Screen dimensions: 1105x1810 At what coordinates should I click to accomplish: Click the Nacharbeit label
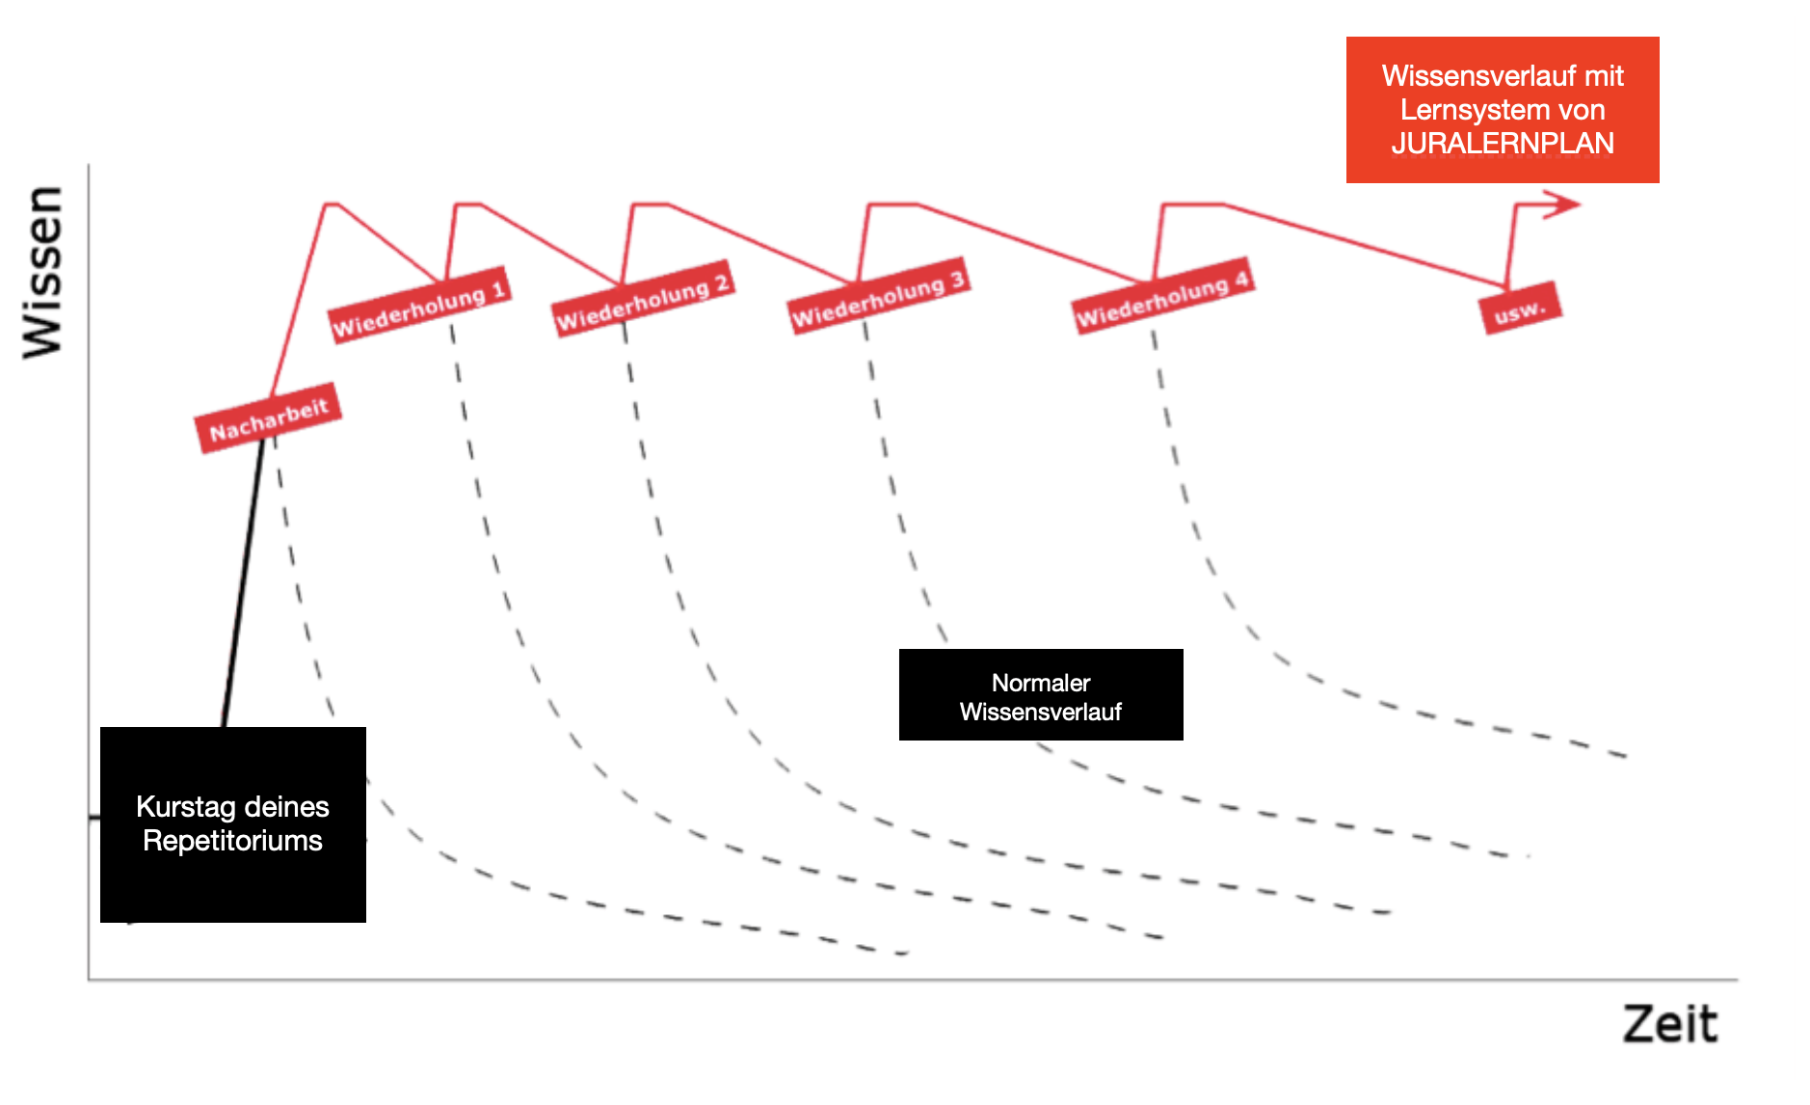[x=268, y=418]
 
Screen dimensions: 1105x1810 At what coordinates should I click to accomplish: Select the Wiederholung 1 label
[x=418, y=304]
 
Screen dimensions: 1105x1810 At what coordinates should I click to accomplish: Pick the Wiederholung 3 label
[x=878, y=296]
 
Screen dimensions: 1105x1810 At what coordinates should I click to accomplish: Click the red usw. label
[x=1520, y=310]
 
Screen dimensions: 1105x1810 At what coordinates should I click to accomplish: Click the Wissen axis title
[x=44, y=273]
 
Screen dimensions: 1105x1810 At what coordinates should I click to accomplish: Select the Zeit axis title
[x=1669, y=1023]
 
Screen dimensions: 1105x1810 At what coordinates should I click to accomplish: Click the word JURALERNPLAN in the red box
[x=1502, y=144]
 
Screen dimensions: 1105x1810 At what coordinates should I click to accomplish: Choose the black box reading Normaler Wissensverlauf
[x=1041, y=695]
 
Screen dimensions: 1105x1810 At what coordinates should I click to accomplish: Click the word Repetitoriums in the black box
[x=232, y=841]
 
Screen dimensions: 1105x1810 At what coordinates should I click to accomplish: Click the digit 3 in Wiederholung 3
[x=956, y=279]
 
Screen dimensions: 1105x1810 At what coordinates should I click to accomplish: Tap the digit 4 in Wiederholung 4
[x=1241, y=279]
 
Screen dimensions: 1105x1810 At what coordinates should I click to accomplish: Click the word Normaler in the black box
[x=1041, y=683]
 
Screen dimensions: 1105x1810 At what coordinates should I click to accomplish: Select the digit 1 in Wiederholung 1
[x=498, y=288]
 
